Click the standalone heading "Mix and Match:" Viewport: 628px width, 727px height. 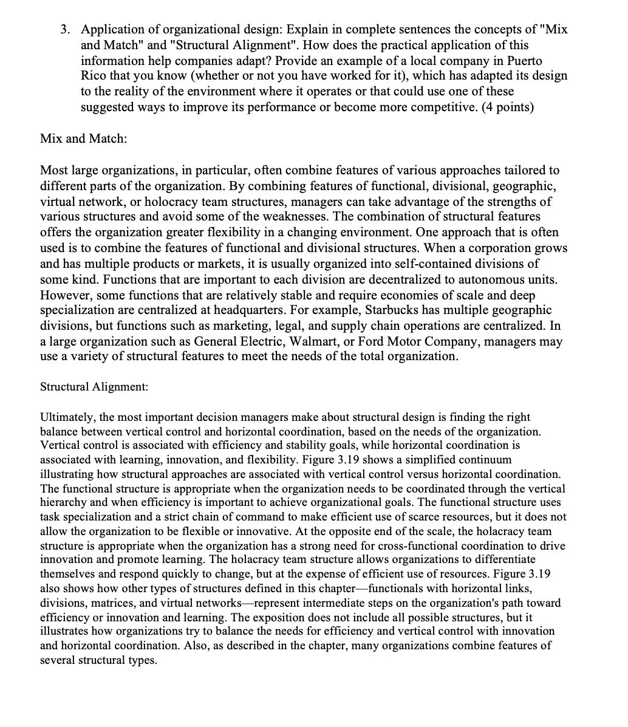click(x=83, y=138)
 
